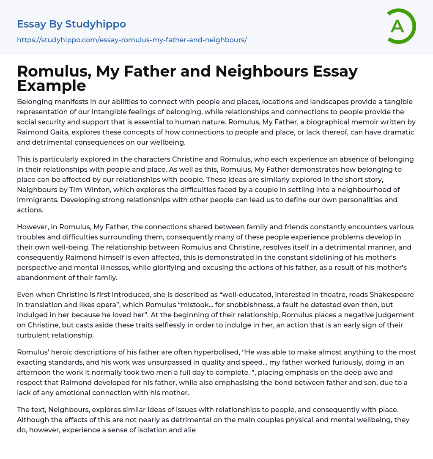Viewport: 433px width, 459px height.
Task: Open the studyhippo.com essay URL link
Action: [132, 40]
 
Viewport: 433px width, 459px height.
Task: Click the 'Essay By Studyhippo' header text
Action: [71, 24]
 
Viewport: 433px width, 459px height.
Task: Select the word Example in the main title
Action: [52, 86]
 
